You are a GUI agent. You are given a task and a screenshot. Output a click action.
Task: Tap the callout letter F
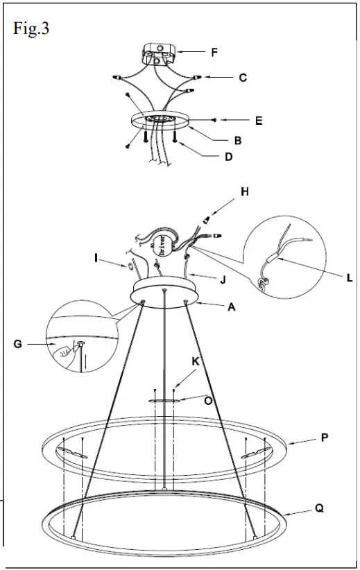point(214,51)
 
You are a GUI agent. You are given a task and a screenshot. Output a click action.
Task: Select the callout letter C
point(243,78)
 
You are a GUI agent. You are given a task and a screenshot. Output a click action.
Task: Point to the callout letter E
point(258,120)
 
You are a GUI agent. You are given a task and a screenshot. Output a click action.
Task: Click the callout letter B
point(237,140)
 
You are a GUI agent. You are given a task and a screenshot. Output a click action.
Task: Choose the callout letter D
point(228,157)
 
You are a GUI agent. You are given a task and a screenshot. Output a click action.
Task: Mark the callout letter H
point(245,191)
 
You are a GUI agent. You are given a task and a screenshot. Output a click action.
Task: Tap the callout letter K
point(196,362)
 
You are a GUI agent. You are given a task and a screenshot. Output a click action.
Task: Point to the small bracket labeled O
point(164,400)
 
